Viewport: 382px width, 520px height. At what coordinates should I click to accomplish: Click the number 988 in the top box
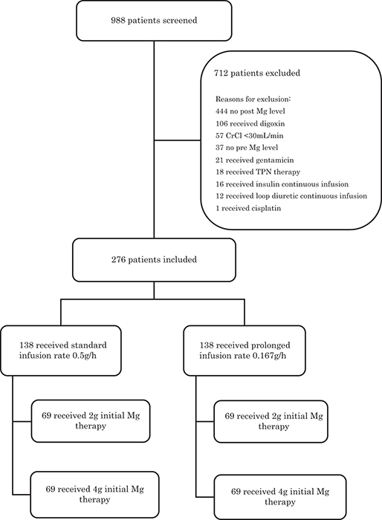pos(118,21)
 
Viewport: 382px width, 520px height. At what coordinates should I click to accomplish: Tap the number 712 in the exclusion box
pos(221,73)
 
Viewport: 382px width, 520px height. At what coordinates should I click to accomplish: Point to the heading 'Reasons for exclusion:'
pos(253,99)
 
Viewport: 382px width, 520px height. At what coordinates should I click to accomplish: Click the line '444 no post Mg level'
pos(250,111)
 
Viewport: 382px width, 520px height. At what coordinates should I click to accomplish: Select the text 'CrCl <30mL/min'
pos(255,136)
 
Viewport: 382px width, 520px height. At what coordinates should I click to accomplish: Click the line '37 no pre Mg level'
pos(247,147)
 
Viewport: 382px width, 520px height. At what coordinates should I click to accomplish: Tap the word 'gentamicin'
pos(274,160)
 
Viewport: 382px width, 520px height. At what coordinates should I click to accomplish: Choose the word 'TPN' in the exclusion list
pos(264,172)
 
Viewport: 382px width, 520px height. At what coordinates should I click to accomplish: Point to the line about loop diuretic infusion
pos(291,196)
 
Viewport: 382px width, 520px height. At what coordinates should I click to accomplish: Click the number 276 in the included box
pos(118,260)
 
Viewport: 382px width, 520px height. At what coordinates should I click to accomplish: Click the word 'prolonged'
pos(271,345)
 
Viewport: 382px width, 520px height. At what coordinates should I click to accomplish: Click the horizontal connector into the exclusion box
pos(177,140)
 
